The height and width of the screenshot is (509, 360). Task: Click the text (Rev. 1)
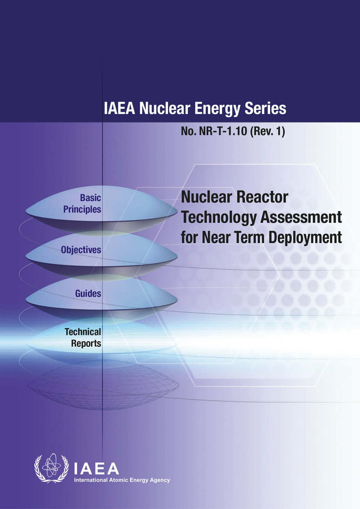click(267, 131)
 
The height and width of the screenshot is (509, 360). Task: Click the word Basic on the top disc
click(90, 198)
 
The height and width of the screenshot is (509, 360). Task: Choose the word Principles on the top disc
click(82, 210)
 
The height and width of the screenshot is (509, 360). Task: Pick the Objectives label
click(81, 250)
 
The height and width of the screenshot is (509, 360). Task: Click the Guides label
click(88, 294)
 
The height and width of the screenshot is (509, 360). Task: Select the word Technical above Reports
click(83, 332)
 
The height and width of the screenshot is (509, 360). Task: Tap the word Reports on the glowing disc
click(86, 343)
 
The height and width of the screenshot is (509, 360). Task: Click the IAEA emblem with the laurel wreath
click(51, 468)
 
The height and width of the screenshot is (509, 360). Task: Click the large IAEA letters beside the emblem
click(97, 469)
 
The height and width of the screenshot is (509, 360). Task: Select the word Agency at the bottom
click(160, 480)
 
